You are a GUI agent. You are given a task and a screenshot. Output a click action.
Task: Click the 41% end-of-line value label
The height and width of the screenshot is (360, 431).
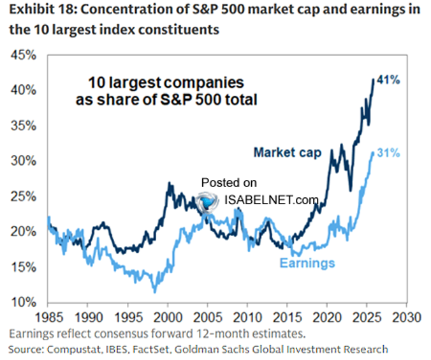pos(389,80)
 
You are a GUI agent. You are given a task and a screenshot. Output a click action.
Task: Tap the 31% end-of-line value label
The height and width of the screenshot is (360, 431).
pos(389,153)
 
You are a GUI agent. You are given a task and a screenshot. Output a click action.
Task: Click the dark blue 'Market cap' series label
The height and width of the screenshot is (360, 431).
pos(287,152)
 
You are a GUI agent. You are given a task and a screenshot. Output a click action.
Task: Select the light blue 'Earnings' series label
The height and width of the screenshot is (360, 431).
pos(308,263)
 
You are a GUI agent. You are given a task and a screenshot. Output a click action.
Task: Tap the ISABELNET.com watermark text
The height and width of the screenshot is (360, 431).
pos(271,200)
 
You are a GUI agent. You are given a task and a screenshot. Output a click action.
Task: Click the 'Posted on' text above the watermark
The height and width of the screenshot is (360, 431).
pos(229,183)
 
